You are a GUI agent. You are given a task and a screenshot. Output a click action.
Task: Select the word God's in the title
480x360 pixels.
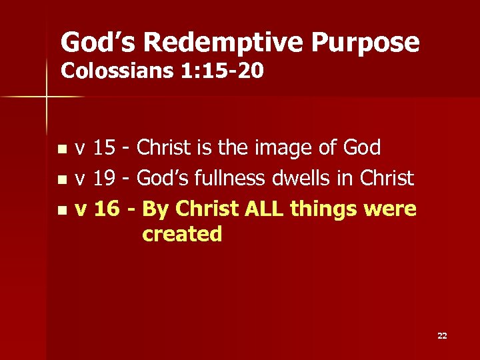(x=98, y=43)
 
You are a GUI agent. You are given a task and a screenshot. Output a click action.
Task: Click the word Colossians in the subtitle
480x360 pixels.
(x=117, y=70)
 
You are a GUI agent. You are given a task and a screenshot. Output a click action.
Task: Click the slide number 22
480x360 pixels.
(x=442, y=335)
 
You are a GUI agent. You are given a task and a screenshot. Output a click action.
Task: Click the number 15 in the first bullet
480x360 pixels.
(x=103, y=148)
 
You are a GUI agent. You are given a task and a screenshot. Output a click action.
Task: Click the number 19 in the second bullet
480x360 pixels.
(x=103, y=179)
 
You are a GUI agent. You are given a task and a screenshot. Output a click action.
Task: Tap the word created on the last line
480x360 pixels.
(x=182, y=234)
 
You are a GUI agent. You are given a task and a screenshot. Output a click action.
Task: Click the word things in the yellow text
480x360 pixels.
(x=330, y=209)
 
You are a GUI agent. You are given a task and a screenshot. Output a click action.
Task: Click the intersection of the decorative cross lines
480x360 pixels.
(x=47, y=97)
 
